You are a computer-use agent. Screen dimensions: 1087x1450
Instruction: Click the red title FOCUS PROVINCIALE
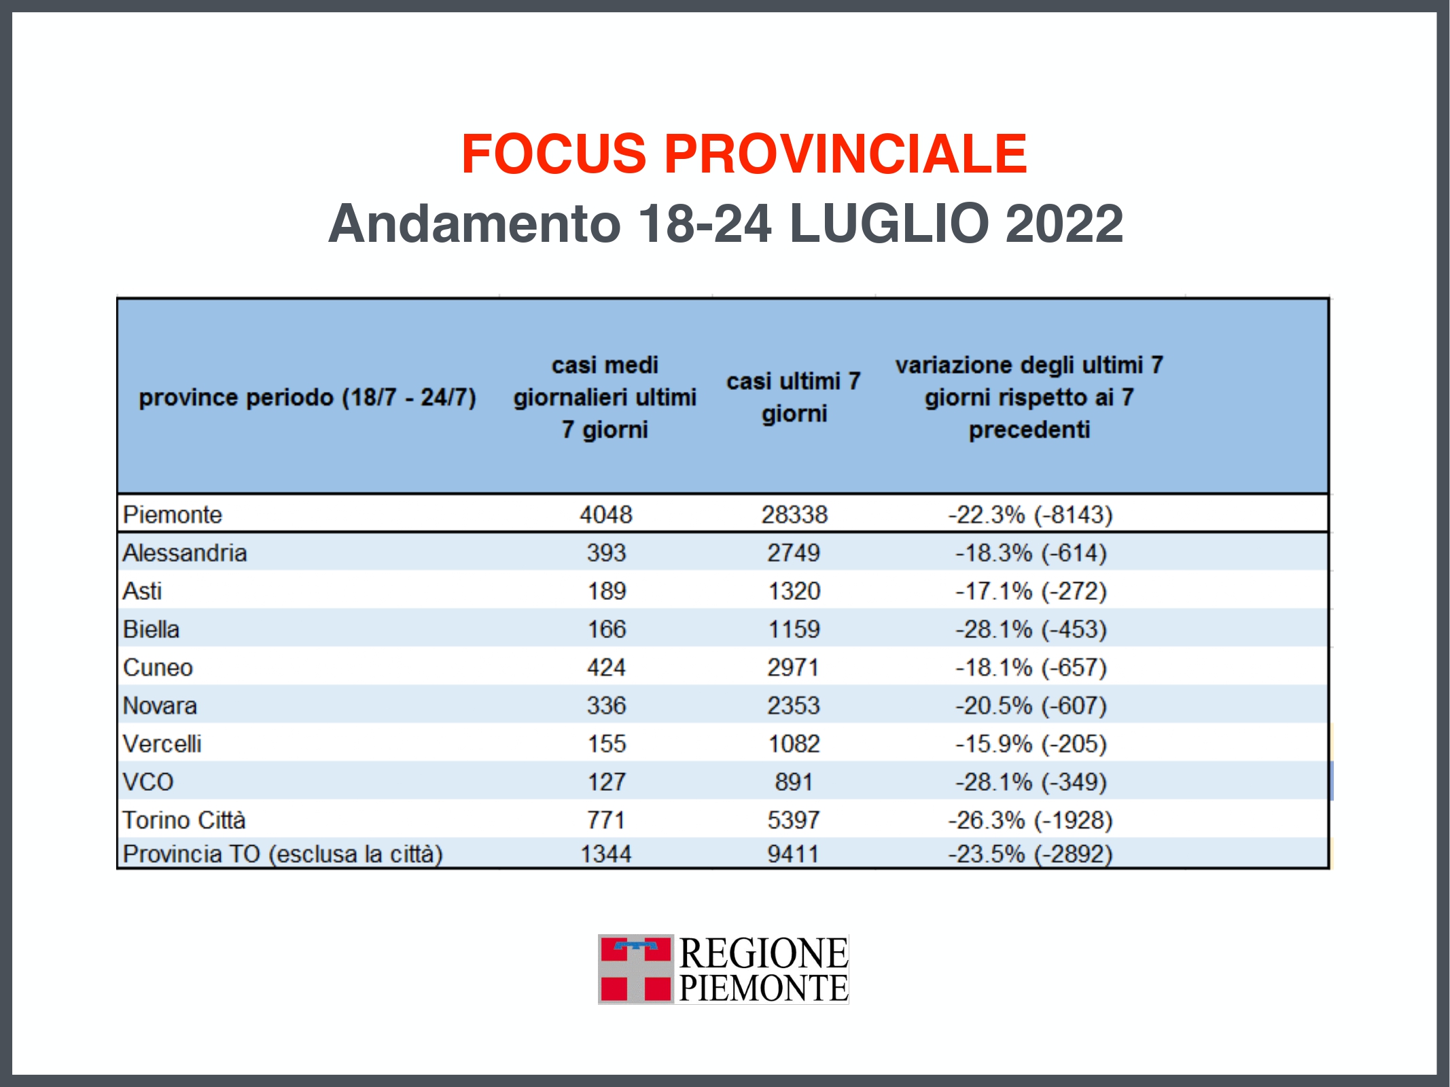[744, 154]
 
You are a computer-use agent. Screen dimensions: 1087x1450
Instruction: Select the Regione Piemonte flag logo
[635, 969]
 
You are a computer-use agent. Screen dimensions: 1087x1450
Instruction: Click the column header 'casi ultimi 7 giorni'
[794, 397]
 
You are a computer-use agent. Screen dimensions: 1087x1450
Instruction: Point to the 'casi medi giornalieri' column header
[605, 397]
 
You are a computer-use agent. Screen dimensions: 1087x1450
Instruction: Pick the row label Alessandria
[185, 553]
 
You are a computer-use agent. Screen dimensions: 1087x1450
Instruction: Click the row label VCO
[148, 782]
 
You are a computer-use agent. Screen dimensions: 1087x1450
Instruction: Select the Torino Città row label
[184, 820]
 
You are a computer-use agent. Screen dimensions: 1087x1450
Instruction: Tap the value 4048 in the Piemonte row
[605, 514]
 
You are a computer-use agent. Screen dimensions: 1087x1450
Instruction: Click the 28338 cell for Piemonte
[794, 514]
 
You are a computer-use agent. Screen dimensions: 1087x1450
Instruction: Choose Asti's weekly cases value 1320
[794, 591]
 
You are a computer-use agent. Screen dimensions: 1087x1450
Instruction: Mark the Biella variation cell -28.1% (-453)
[1030, 629]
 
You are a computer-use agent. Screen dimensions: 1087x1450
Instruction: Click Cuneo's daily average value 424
[605, 667]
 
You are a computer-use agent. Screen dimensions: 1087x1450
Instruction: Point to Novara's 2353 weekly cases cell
[794, 705]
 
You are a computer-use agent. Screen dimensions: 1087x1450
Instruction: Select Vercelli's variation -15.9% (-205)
[1030, 744]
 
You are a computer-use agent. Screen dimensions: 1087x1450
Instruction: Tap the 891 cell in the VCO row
[794, 782]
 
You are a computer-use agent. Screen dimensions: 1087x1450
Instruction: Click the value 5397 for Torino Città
[794, 820]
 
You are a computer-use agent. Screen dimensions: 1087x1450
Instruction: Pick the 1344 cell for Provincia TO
[605, 854]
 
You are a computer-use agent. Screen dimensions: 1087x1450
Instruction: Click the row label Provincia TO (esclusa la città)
[283, 854]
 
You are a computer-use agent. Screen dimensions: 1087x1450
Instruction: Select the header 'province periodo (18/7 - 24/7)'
[307, 397]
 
